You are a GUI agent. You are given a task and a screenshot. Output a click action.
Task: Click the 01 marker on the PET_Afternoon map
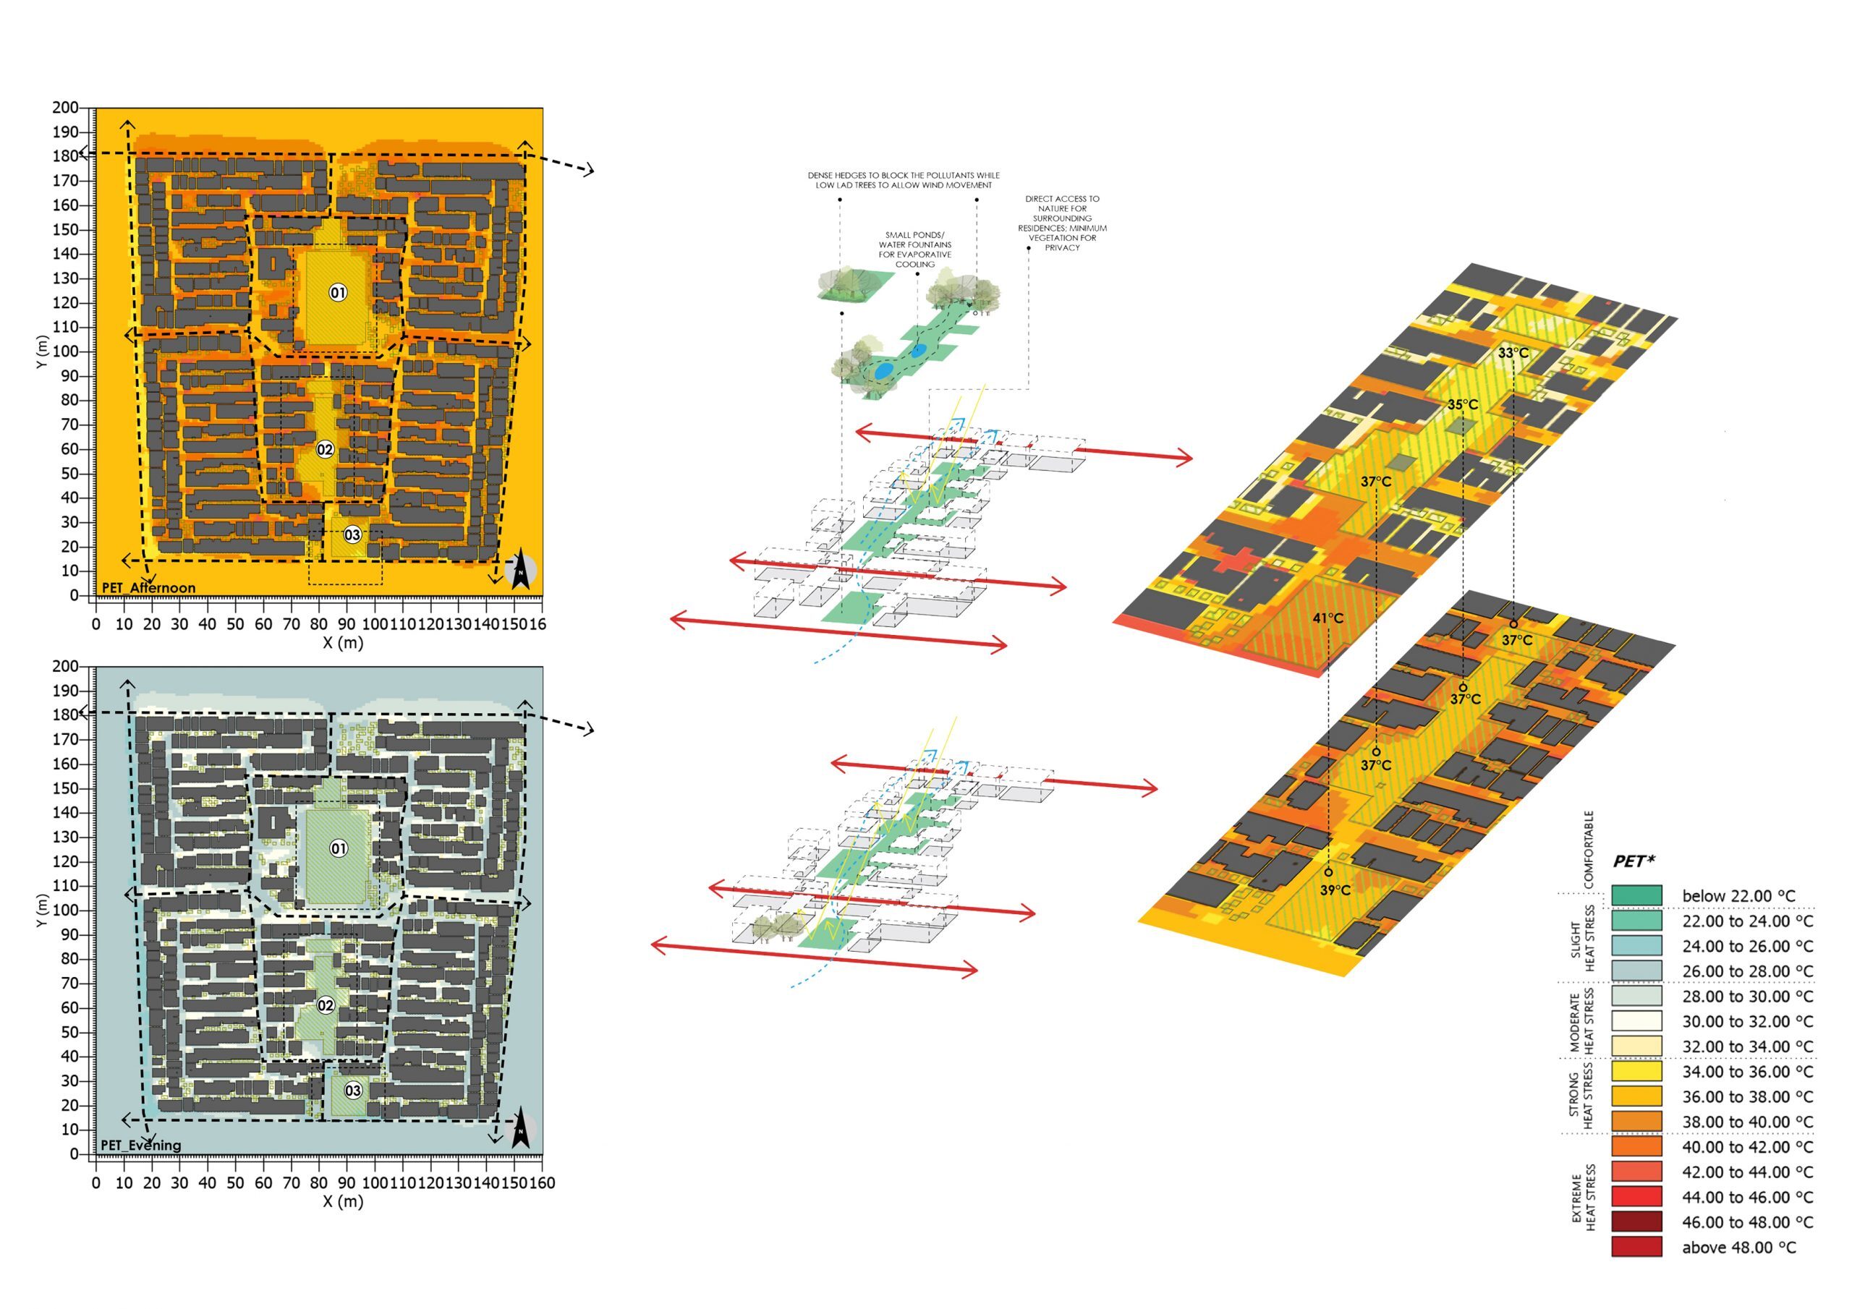(338, 292)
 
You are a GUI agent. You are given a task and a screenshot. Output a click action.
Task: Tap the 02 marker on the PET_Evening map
(325, 1005)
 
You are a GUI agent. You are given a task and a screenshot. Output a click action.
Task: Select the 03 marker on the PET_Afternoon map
(352, 534)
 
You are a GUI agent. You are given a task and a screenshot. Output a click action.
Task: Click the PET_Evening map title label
(141, 1146)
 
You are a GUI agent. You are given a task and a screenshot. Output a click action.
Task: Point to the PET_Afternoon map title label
(148, 588)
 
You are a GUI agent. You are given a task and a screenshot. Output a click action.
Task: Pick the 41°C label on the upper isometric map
(1328, 618)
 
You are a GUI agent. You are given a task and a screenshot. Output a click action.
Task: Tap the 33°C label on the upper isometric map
(1513, 353)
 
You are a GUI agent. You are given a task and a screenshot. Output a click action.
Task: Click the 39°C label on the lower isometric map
(1335, 890)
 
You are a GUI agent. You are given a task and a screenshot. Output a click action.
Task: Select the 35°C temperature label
(1462, 405)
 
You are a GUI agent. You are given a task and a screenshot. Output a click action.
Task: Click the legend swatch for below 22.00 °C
(1636, 896)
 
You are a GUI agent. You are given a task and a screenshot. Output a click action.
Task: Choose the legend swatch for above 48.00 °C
(1636, 1247)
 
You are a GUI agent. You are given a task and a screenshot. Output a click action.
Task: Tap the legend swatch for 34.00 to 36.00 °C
(1636, 1072)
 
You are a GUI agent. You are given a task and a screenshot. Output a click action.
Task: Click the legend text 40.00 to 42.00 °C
(1747, 1147)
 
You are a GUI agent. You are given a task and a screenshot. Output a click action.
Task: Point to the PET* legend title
(1634, 861)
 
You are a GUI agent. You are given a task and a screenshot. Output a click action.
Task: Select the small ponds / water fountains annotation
(914, 250)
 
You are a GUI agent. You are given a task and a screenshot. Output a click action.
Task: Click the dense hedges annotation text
(904, 180)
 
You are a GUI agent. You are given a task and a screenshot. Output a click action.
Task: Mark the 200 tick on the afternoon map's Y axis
(65, 108)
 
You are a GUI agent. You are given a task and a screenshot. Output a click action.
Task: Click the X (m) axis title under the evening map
(343, 1201)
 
